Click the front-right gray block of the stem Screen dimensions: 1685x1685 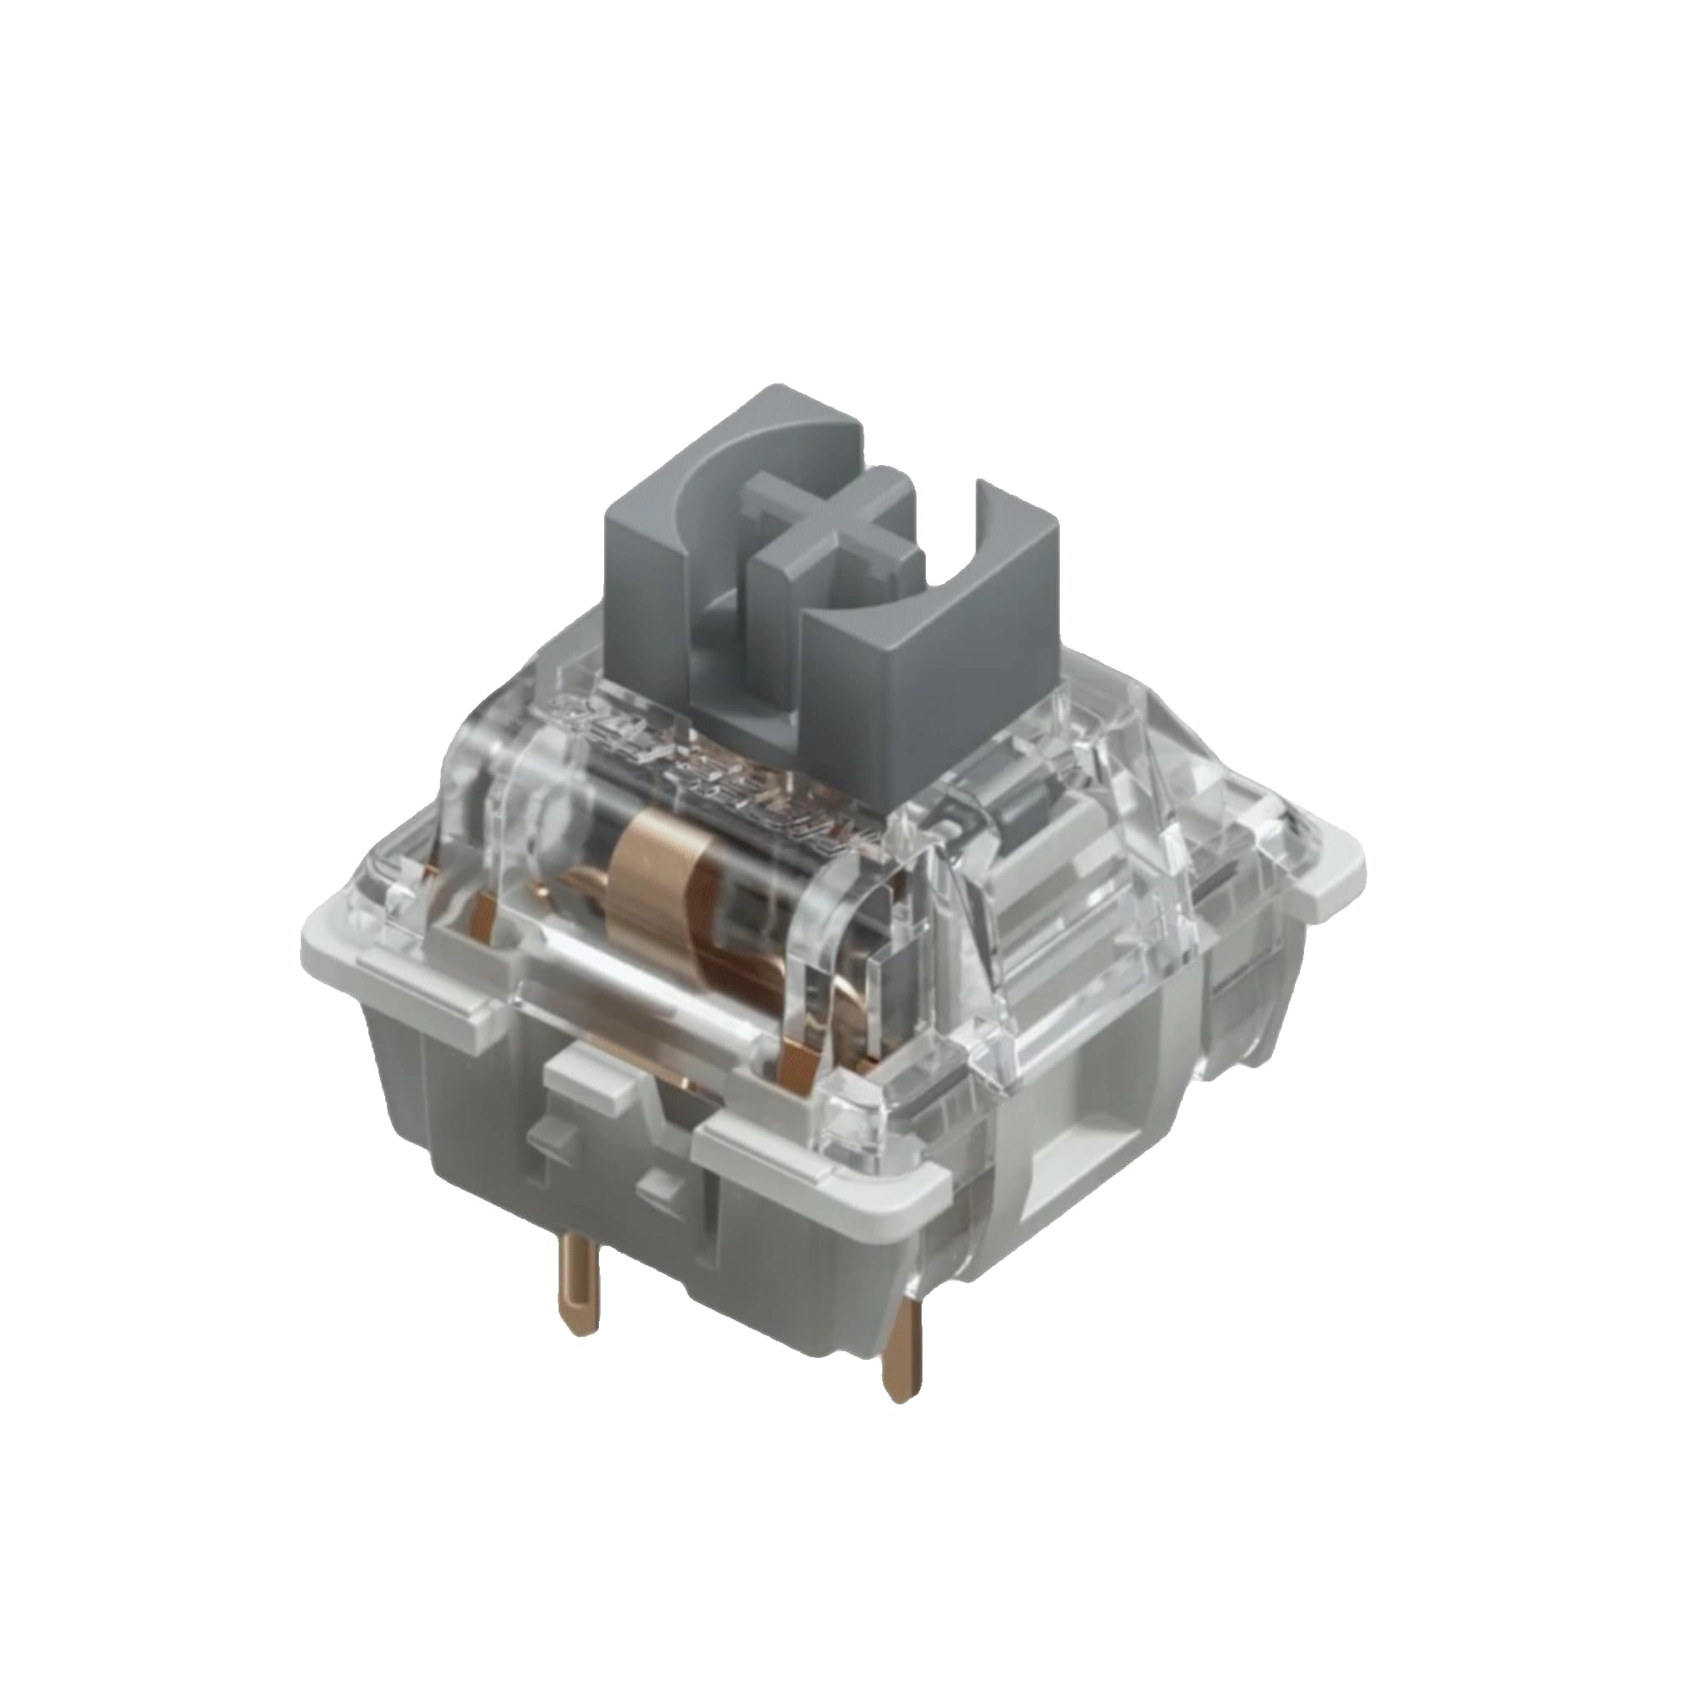[x=881, y=664]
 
